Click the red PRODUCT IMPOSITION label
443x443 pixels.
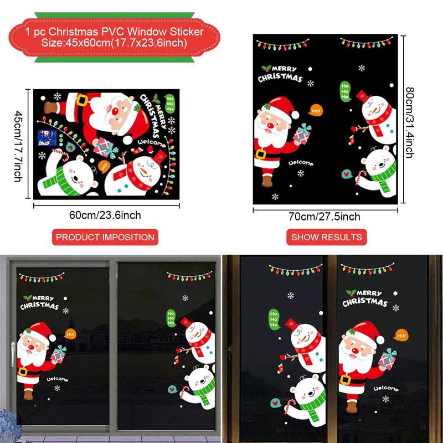[105, 237]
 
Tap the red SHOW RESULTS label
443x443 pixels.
[326, 237]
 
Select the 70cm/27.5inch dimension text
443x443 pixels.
[326, 217]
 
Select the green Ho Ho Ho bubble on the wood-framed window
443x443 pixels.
[274, 320]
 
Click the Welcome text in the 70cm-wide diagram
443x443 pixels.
[300, 163]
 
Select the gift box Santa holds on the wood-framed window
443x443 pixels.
[388, 358]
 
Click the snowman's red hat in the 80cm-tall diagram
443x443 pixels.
[363, 95]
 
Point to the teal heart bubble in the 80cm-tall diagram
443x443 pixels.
[347, 172]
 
